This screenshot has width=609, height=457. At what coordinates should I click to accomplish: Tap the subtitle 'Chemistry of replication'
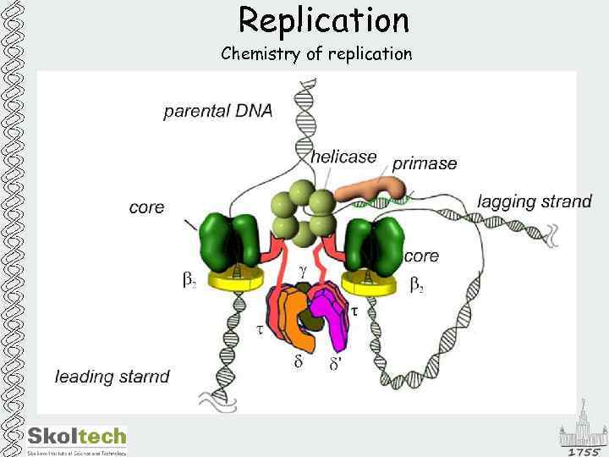pos(316,54)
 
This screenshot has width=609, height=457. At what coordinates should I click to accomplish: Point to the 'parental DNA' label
pos(217,112)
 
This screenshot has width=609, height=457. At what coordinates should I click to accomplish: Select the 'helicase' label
pos(343,157)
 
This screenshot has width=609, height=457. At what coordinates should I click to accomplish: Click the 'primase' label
pos(425,163)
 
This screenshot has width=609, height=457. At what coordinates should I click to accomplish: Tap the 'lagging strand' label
pos(535,201)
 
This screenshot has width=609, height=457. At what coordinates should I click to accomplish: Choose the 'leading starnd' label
pos(112,376)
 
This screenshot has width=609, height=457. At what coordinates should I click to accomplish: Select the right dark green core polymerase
pos(375,245)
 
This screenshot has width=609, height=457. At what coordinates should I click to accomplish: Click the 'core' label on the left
pos(146,207)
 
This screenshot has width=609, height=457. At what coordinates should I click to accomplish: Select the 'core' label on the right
pos(421,256)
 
